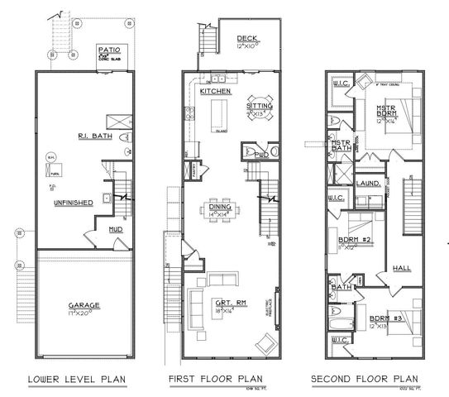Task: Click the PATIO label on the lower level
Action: pos(110,50)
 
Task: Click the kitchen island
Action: pos(220,113)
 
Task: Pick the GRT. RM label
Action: pos(223,302)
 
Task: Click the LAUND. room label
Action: pos(368,183)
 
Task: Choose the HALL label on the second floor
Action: pos(403,268)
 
